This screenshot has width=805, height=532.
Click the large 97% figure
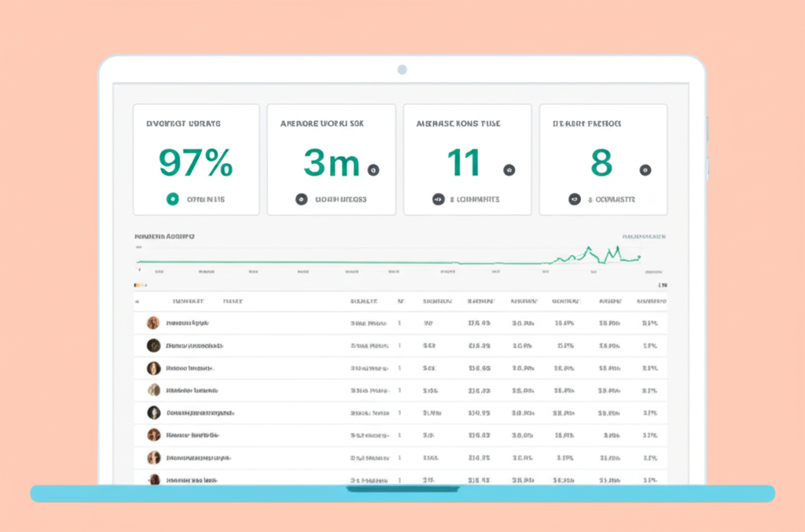(x=196, y=162)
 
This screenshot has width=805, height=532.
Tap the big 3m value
(x=331, y=162)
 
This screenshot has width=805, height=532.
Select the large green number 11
(x=464, y=162)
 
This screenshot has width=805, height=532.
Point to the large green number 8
(x=601, y=162)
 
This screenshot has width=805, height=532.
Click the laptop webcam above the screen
(x=402, y=69)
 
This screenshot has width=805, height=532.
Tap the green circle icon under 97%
(x=172, y=200)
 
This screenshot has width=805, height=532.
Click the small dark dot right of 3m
(x=373, y=169)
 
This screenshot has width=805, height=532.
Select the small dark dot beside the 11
(x=509, y=169)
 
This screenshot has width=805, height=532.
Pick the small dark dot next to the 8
(x=645, y=169)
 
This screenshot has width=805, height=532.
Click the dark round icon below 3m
(x=301, y=200)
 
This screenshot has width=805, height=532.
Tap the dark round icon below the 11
(x=438, y=200)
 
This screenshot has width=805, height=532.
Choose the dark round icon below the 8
(x=575, y=200)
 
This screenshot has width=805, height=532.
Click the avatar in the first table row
(x=153, y=323)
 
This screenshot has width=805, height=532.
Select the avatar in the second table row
(x=153, y=345)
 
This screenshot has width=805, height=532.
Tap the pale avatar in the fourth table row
(x=153, y=390)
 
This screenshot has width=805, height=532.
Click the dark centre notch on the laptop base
(x=402, y=490)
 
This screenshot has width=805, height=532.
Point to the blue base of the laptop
(x=197, y=493)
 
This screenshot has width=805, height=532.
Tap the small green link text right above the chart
(x=644, y=235)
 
